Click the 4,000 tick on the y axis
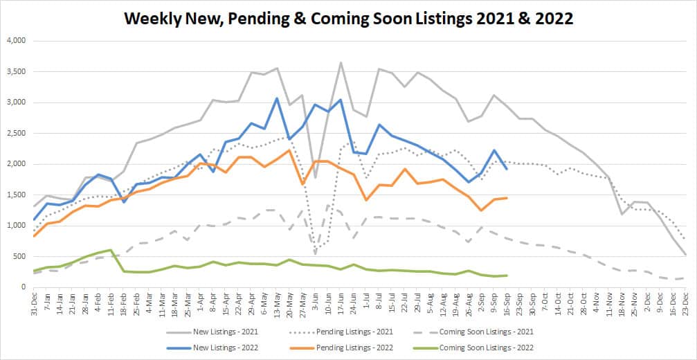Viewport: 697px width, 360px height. (x=15, y=42)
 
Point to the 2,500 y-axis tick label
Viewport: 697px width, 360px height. (x=15, y=134)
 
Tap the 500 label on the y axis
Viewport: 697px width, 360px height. (x=19, y=256)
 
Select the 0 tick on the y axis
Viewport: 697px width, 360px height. (x=24, y=287)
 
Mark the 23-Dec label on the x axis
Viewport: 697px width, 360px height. (x=685, y=303)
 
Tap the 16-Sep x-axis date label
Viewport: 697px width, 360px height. (x=507, y=303)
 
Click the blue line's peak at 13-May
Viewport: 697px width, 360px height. (x=277, y=98)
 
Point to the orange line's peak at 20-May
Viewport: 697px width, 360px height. (x=289, y=150)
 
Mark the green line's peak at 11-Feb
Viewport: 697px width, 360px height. (x=111, y=250)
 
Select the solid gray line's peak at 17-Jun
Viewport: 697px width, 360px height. (x=341, y=63)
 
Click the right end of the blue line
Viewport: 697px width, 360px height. (x=507, y=169)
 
